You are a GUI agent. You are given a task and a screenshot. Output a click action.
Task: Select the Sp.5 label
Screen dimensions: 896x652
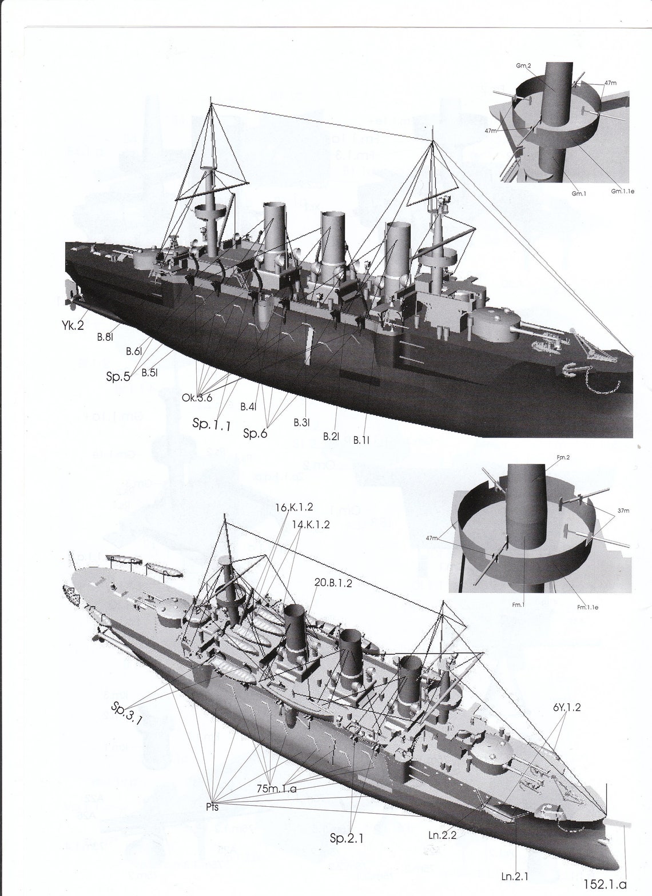(x=118, y=377)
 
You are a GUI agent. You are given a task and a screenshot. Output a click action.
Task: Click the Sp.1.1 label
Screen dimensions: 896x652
(x=212, y=424)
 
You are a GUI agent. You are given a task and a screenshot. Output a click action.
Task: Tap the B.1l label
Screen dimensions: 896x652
(x=361, y=440)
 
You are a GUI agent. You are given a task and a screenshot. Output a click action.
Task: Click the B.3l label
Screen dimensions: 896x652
(x=301, y=423)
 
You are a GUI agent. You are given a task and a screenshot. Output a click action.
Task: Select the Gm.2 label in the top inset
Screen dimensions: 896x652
(x=523, y=66)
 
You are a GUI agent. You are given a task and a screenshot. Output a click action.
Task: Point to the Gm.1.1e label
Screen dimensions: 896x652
(x=622, y=191)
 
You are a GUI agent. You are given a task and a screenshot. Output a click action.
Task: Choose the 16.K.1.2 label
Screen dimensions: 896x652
(x=294, y=507)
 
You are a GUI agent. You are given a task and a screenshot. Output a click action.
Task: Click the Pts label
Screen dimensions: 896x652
(x=212, y=807)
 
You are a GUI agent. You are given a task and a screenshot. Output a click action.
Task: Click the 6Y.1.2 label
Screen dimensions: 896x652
(x=567, y=707)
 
